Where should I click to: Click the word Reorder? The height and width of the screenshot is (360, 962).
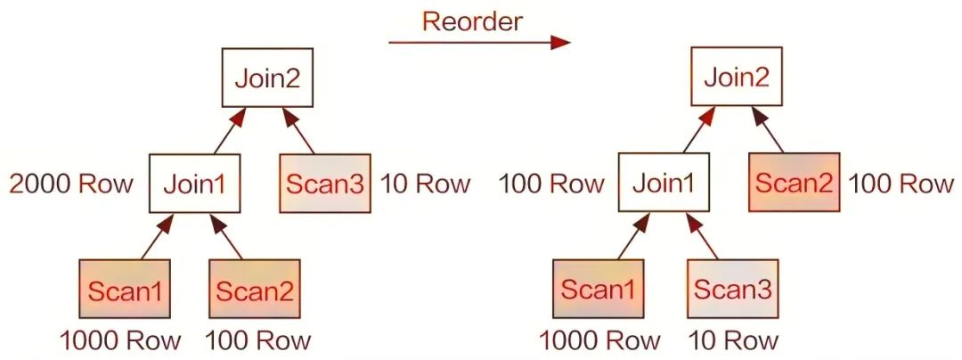pos(471,20)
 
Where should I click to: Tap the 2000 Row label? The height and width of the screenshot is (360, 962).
pos(70,184)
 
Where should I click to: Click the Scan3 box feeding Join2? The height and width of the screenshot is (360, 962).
pos(325,185)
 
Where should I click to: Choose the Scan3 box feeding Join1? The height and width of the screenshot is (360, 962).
pos(731,290)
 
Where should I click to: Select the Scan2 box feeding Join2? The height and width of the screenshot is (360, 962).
pos(795,184)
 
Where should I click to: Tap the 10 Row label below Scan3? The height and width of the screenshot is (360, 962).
pos(732,340)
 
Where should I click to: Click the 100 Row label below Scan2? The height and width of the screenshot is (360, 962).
pos(258,340)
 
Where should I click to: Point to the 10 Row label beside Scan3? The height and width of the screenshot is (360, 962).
pos(425,184)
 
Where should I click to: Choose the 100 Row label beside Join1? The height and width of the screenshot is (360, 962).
pos(550,184)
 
